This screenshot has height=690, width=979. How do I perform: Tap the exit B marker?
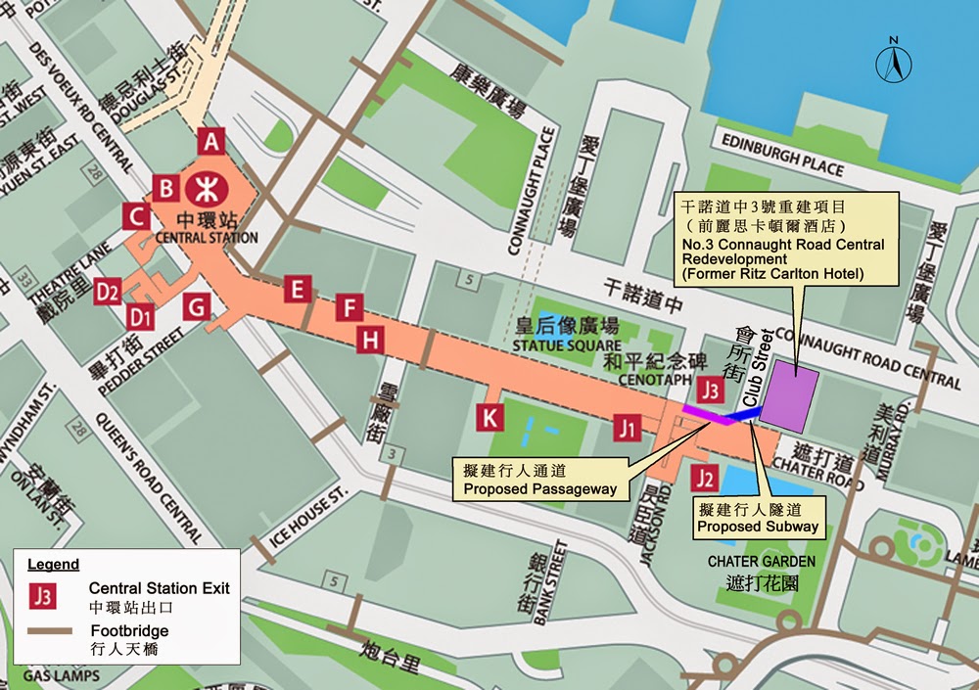click(x=167, y=188)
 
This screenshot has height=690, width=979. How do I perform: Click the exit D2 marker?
click(x=108, y=291)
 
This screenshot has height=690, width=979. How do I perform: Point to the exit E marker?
click(x=298, y=289)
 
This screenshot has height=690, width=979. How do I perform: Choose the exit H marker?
click(x=369, y=341)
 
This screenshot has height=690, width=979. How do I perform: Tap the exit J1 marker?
click(x=628, y=428)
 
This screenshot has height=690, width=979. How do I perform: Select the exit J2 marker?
click(x=703, y=479)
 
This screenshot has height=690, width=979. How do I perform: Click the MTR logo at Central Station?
click(x=207, y=186)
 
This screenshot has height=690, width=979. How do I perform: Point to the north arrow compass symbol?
click(x=893, y=62)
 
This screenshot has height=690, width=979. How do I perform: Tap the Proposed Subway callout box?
click(x=758, y=518)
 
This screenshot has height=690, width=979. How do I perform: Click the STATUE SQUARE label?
click(x=568, y=345)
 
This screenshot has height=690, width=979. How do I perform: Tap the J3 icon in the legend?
click(x=42, y=595)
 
